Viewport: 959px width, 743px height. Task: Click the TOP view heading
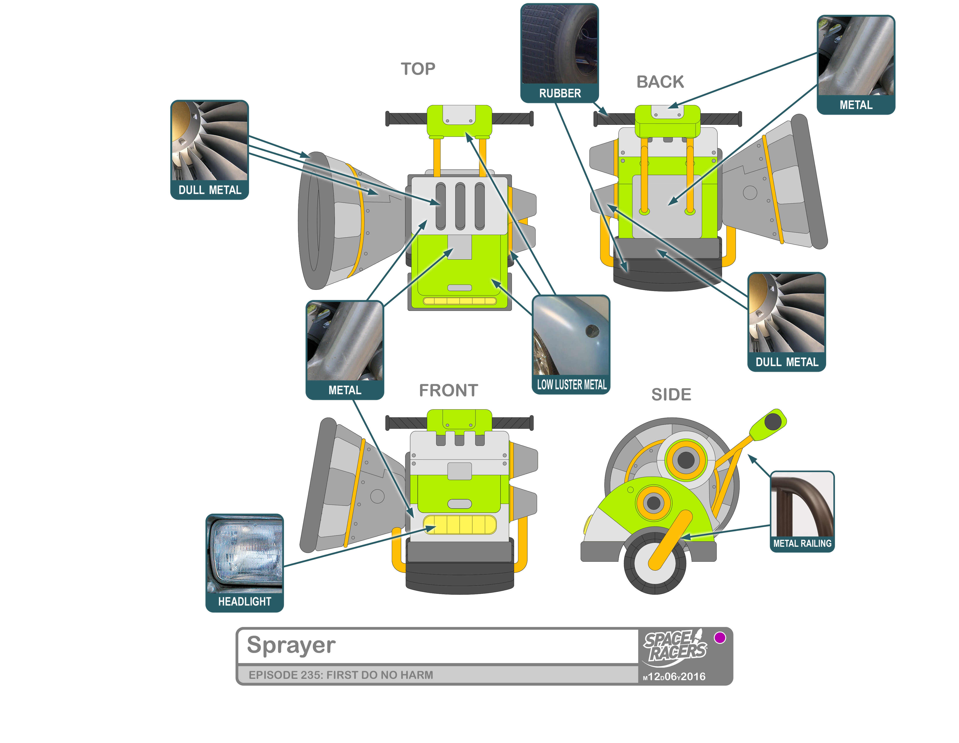pos(418,69)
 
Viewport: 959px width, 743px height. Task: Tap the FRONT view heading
pos(448,390)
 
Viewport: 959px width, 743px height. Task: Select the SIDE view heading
pos(670,394)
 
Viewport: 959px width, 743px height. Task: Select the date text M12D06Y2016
pos(674,677)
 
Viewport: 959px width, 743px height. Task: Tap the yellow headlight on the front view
pos(459,525)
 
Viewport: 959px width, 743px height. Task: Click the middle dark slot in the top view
pos(460,206)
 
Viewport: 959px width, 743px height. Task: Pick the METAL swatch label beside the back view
pos(855,105)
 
